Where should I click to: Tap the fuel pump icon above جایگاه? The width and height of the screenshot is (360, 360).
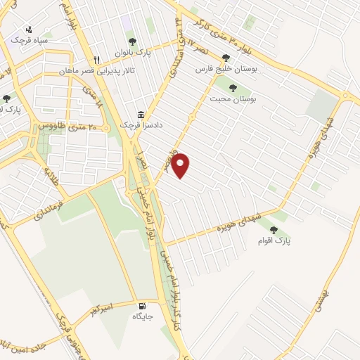tap(143, 305)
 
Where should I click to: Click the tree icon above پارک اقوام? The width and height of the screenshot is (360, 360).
tap(274, 229)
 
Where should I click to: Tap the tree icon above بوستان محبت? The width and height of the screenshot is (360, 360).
tap(233, 88)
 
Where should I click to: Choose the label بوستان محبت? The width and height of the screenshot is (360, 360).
tap(233, 100)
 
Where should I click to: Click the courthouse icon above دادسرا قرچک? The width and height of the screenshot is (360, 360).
tap(141, 115)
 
